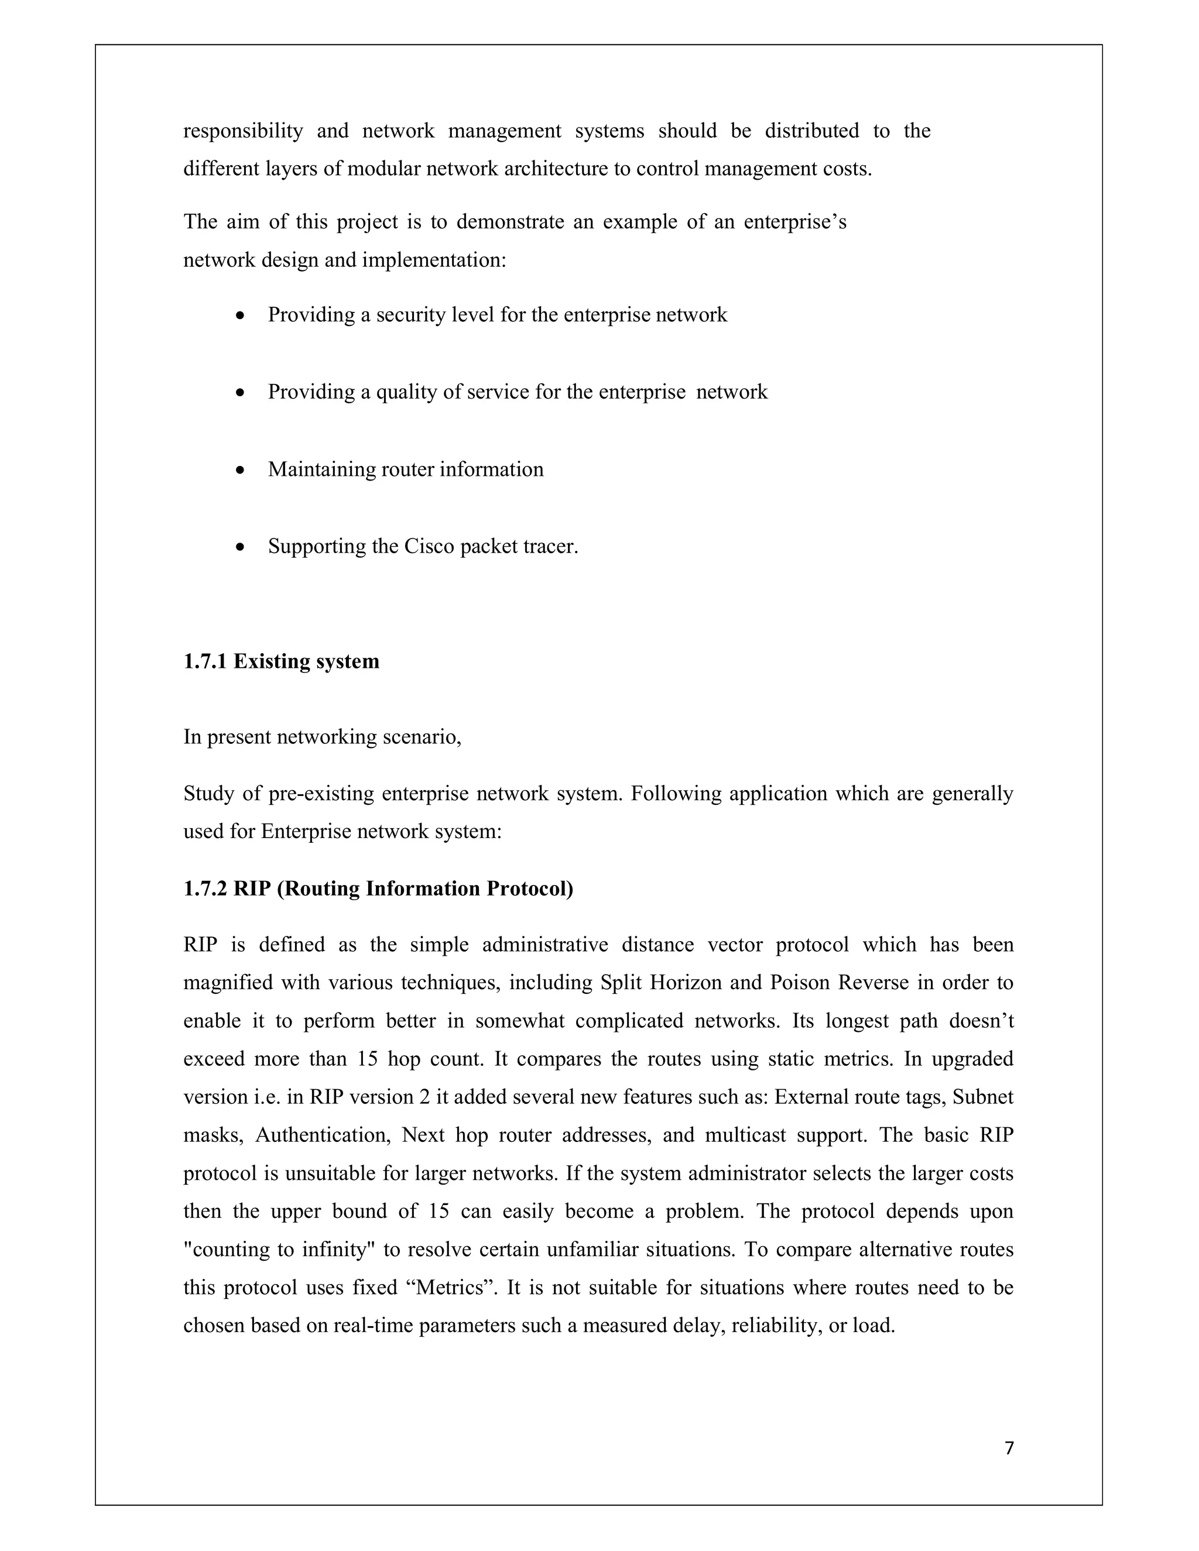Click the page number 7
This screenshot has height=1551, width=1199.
coord(1009,1448)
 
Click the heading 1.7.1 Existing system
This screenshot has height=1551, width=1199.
coord(281,661)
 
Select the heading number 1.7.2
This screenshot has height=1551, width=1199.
coord(205,888)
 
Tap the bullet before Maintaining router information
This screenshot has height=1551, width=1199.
coord(242,470)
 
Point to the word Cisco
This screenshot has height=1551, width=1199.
coord(429,546)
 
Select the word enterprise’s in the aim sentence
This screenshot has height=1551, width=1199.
coord(795,222)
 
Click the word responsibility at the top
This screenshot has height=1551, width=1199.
coord(243,131)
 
